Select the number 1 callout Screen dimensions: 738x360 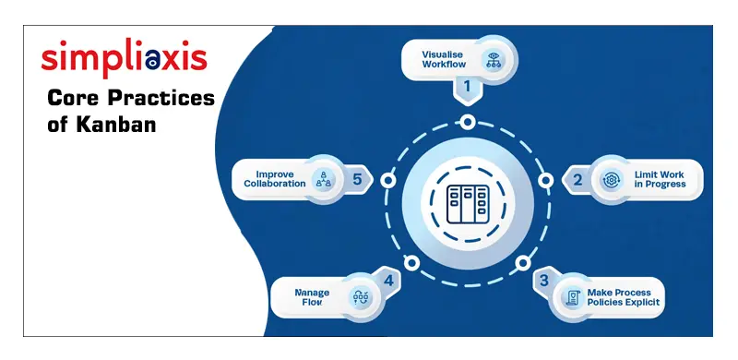[467, 88]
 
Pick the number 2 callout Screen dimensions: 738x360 [578, 179]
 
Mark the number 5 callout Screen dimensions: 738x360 [358, 177]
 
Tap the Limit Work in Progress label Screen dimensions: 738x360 [660, 179]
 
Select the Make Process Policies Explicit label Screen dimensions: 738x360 [623, 296]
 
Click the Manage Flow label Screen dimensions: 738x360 [312, 296]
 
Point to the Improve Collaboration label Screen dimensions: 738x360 [274, 177]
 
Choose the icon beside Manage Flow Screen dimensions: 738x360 [360, 297]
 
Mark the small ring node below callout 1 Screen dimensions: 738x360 [468, 122]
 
